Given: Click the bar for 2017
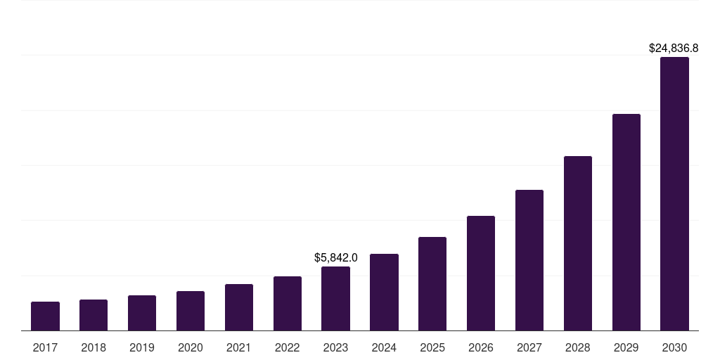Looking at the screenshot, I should coord(45,316).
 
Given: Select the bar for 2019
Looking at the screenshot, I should coord(142,313).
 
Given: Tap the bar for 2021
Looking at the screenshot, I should coord(239,307).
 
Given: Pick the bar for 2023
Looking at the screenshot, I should coord(335,299).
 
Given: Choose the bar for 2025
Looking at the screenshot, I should coord(432,284).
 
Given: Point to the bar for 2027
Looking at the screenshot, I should coord(529,260).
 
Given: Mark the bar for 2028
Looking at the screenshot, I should coord(578,243).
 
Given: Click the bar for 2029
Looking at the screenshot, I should coord(626,222).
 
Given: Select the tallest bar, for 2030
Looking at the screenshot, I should coord(674,194).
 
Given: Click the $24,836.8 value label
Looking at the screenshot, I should coord(673,49).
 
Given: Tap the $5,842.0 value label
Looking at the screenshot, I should coord(335,258).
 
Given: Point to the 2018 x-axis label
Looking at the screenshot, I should coord(94,347).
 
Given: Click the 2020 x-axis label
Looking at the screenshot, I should coord(191,347).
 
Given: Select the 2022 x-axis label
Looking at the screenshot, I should coord(288,347).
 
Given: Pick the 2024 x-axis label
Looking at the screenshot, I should coord(384,347).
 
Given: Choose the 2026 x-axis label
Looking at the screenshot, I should coord(481,347).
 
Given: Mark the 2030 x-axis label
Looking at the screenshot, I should coord(674,347).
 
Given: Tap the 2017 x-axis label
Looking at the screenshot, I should coord(45,347).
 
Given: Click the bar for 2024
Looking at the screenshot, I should coord(384,292).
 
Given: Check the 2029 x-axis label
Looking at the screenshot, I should coord(626,347).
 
